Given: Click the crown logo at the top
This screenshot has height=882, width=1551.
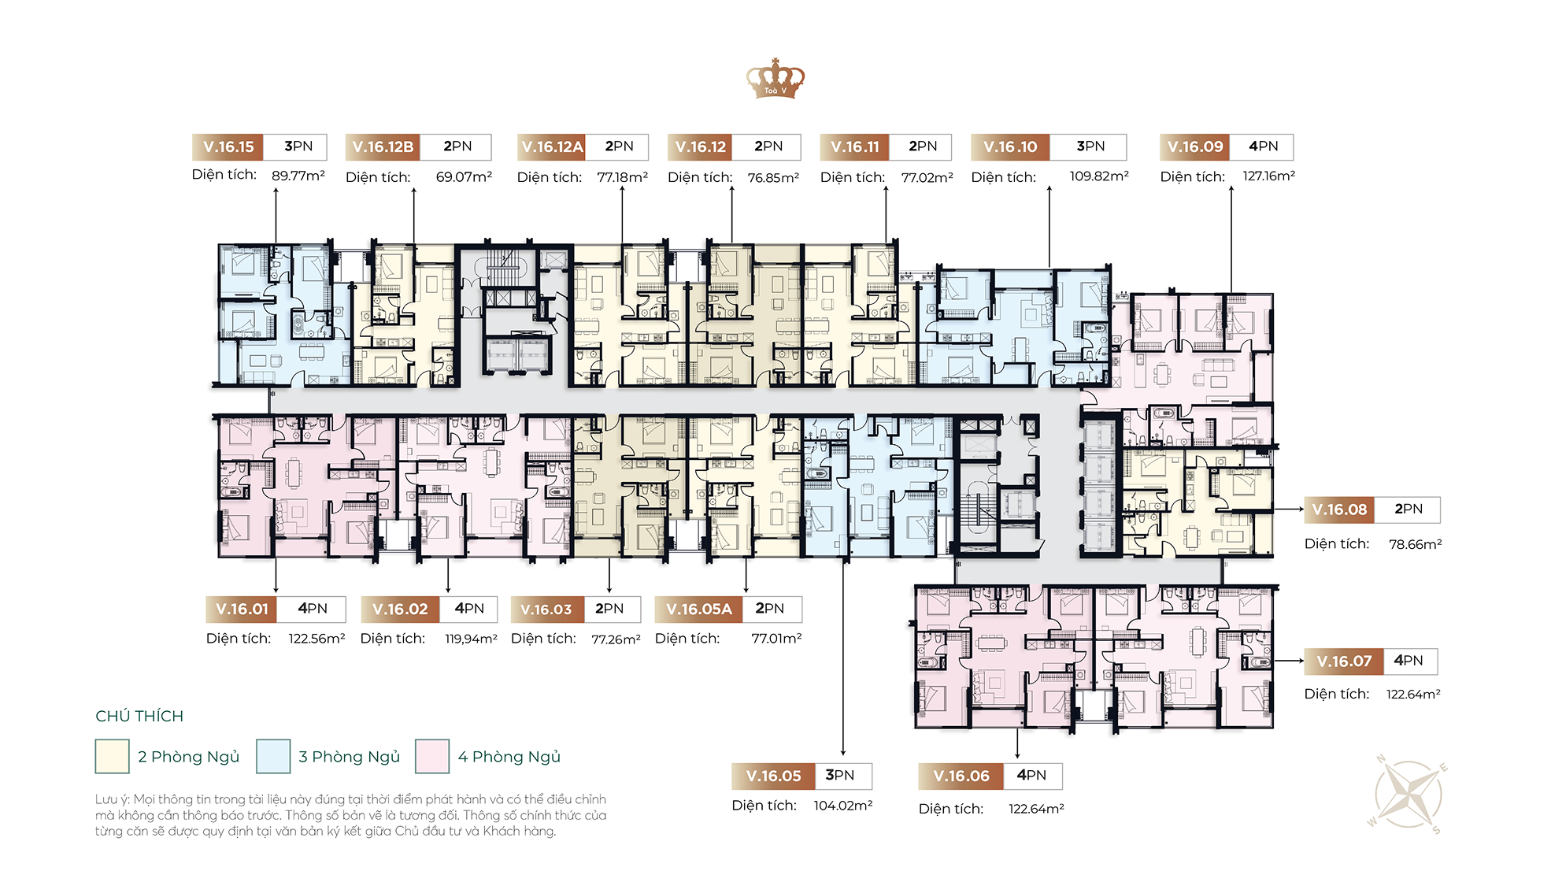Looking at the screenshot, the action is (775, 78).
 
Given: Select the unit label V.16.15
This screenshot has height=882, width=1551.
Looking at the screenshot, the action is (228, 146).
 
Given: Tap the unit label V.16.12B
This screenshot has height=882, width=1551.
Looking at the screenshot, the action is (383, 146).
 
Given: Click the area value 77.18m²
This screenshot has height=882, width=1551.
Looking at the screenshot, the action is (622, 177).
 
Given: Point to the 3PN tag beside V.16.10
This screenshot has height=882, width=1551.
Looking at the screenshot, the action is (1090, 146).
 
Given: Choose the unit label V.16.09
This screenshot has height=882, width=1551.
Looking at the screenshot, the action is (1195, 146).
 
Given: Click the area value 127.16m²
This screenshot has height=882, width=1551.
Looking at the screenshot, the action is (1268, 176).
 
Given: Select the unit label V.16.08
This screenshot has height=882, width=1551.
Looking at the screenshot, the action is (1339, 510).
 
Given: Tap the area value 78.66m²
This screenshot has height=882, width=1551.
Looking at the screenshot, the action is (1415, 544).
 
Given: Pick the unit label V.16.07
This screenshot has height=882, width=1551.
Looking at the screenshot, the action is (1344, 661).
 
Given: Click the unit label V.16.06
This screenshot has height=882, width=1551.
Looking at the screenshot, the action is (961, 776).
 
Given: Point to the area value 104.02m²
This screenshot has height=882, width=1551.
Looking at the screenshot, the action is (842, 806).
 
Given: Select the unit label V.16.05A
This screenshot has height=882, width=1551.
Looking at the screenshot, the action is (699, 609).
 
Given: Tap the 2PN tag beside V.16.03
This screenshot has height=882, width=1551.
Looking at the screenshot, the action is (610, 609).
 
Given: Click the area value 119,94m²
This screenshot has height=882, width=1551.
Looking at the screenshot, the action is (471, 639).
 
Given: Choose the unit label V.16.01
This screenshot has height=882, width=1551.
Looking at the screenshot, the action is (242, 609).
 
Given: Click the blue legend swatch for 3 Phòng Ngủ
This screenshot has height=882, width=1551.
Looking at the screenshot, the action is (273, 756).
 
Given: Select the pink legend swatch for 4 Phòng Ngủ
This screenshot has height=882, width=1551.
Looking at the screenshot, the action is (432, 756).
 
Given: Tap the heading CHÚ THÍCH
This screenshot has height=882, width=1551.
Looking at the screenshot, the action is (139, 716).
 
